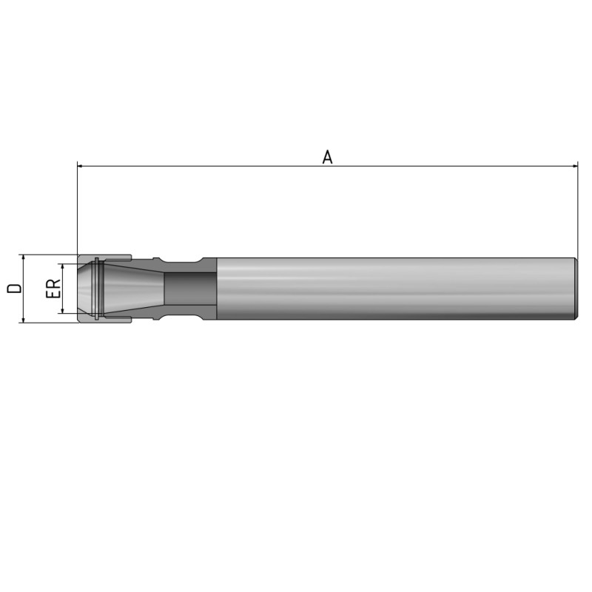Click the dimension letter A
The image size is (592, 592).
[x=327, y=157]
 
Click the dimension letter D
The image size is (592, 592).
[x=13, y=288]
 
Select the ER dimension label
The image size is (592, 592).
[x=53, y=289]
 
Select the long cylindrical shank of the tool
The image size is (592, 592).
[x=392, y=289]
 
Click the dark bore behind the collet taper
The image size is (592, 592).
[x=189, y=289]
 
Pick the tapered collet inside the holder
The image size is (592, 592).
[x=133, y=289]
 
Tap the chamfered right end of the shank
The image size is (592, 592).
[x=575, y=289]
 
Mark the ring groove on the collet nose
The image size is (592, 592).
[x=96, y=289]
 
